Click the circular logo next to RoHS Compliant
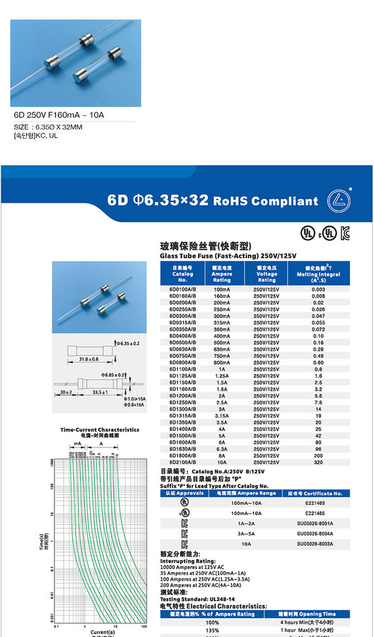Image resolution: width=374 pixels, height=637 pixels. pyautogui.click(x=338, y=201)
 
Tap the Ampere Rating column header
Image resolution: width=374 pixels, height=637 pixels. pyautogui.click(x=221, y=274)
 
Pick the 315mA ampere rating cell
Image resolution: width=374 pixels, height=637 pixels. pyautogui.click(x=221, y=322)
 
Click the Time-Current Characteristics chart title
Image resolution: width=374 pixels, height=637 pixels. pyautogui.click(x=100, y=430)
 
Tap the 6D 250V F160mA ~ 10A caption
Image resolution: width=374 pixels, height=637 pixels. pyautogui.click(x=59, y=115)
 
